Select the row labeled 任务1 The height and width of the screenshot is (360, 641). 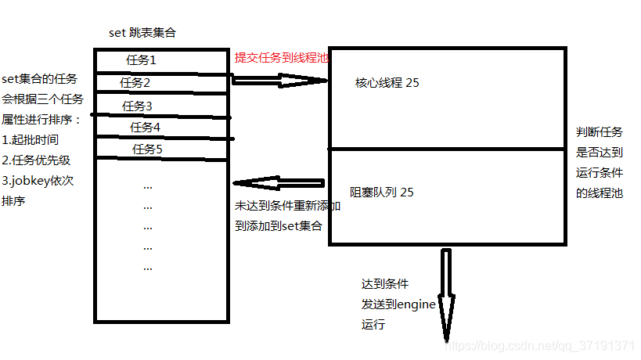point(141,59)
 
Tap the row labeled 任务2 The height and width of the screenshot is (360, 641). point(135,82)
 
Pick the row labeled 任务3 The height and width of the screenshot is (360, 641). point(137,106)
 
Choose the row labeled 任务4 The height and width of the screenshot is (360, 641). point(145,127)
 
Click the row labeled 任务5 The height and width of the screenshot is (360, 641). point(147,149)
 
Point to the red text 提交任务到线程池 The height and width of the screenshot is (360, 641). point(282,57)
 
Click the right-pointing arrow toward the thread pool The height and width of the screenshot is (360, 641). point(279,79)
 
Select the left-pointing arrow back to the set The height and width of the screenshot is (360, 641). point(279,183)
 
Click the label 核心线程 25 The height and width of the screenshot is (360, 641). point(387,82)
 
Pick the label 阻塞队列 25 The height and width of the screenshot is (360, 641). point(382,192)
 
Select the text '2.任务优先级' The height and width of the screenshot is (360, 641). point(36,160)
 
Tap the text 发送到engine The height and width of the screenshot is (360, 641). point(398,304)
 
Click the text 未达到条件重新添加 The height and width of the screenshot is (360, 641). point(287,207)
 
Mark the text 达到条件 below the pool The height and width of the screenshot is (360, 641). point(384,284)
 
